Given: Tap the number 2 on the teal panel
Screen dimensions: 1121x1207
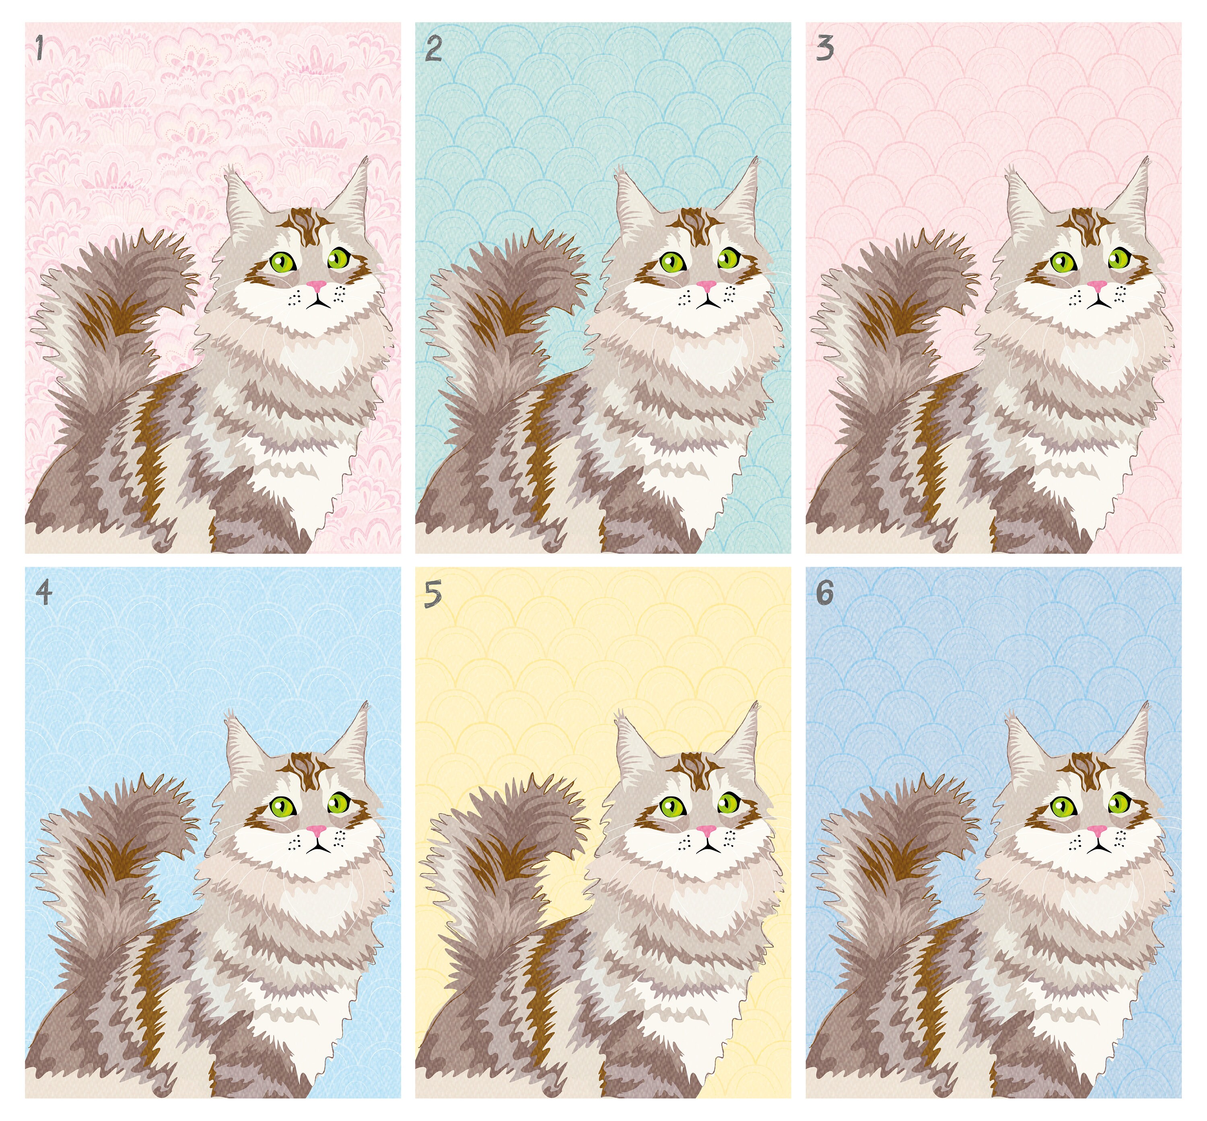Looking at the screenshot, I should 433,49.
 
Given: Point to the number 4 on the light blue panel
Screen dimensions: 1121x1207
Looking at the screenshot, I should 43,593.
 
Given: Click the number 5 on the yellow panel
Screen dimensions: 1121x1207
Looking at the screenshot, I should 433,593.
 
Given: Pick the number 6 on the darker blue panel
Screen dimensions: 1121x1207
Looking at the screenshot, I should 825,593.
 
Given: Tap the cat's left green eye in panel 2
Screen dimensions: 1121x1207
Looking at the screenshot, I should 672,262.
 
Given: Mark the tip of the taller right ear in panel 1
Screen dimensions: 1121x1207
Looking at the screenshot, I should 367,159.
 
